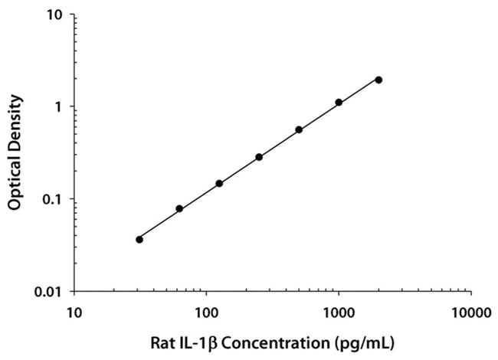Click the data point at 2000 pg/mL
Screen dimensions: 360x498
pyautogui.click(x=378, y=80)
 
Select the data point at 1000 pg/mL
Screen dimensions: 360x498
pyautogui.click(x=339, y=102)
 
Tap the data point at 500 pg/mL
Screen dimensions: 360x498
pyautogui.click(x=299, y=129)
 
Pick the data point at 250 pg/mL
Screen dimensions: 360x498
pyautogui.click(x=259, y=157)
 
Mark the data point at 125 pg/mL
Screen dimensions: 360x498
pyautogui.click(x=219, y=183)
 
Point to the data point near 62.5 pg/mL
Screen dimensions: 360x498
pyautogui.click(x=179, y=208)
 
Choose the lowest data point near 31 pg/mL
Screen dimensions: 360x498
pyautogui.click(x=139, y=239)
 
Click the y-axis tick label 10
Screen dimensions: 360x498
pyautogui.click(x=56, y=15)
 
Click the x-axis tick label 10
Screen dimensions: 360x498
pyautogui.click(x=74, y=313)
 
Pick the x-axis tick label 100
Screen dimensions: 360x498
pyautogui.click(x=206, y=313)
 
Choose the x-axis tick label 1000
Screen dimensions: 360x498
pyautogui.click(x=339, y=313)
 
